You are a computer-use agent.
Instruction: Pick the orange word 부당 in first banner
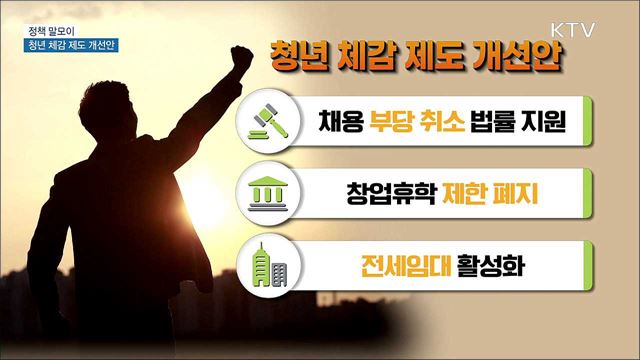pos(396,122)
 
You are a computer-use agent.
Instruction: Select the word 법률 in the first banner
pos(497,122)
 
